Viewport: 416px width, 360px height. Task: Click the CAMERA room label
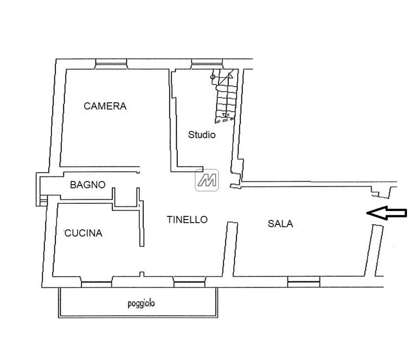(105, 106)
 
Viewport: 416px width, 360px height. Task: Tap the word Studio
(201, 135)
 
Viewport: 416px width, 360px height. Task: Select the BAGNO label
(88, 185)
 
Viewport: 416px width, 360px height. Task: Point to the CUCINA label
(83, 233)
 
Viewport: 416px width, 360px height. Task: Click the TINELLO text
(187, 220)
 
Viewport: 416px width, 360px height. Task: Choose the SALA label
(280, 224)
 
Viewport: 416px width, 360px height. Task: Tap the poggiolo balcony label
(141, 304)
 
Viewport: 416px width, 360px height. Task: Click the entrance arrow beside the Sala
(386, 213)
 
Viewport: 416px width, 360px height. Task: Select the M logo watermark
(207, 180)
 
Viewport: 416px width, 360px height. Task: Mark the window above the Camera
(111, 64)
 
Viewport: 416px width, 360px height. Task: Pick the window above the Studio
(207, 64)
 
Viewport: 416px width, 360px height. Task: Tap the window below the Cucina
(97, 282)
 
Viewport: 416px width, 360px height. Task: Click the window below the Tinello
(189, 282)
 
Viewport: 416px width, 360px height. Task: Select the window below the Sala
(304, 282)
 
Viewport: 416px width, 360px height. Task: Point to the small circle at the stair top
(213, 77)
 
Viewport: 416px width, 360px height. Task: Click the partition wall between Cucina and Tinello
(142, 223)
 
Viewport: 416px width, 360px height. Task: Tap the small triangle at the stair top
(230, 76)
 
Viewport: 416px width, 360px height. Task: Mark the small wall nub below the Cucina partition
(142, 274)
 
